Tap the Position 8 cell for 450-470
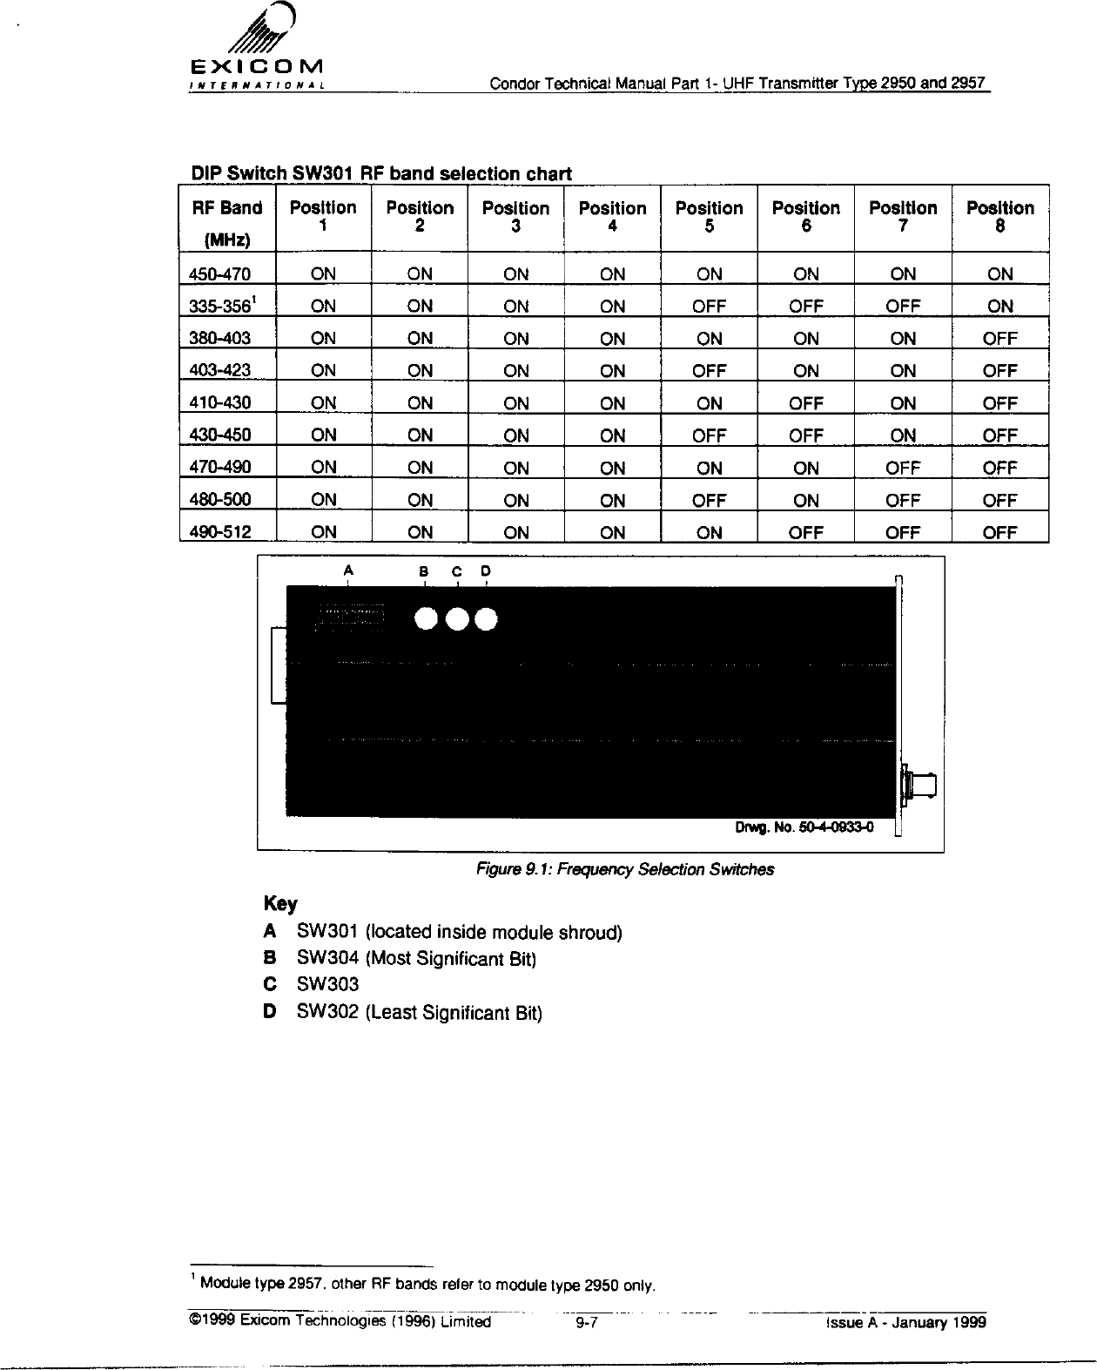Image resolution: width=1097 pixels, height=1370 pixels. tap(999, 274)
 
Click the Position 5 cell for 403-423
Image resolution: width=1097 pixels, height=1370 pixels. tap(709, 371)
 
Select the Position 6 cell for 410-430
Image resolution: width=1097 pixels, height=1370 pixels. tap(805, 403)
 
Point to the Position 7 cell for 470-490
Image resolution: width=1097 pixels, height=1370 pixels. tap(903, 468)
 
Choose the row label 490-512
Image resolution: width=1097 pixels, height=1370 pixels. tap(220, 532)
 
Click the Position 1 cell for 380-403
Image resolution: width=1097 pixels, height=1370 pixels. tap(323, 339)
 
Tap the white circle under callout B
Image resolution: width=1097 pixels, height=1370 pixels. tap(426, 618)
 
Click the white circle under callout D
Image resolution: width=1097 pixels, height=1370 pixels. tap(486, 618)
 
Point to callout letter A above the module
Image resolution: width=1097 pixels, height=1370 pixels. tap(348, 570)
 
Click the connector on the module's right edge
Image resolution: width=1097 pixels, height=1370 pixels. tap(922, 785)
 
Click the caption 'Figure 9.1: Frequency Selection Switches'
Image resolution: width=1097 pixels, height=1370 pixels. tap(623, 869)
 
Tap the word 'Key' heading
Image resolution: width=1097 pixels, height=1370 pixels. tap(280, 903)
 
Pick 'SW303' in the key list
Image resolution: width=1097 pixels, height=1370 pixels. tap(327, 984)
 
